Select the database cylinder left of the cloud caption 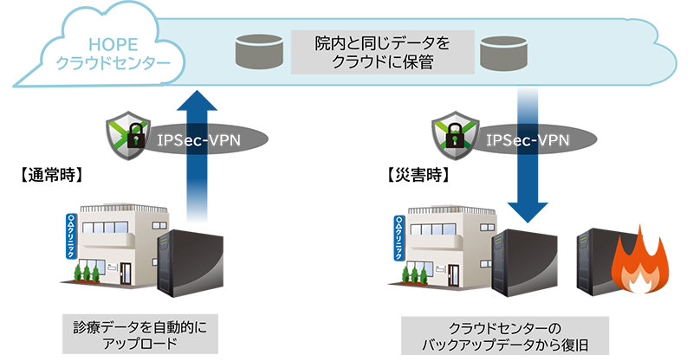point(261,54)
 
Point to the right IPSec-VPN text point(527,138)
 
